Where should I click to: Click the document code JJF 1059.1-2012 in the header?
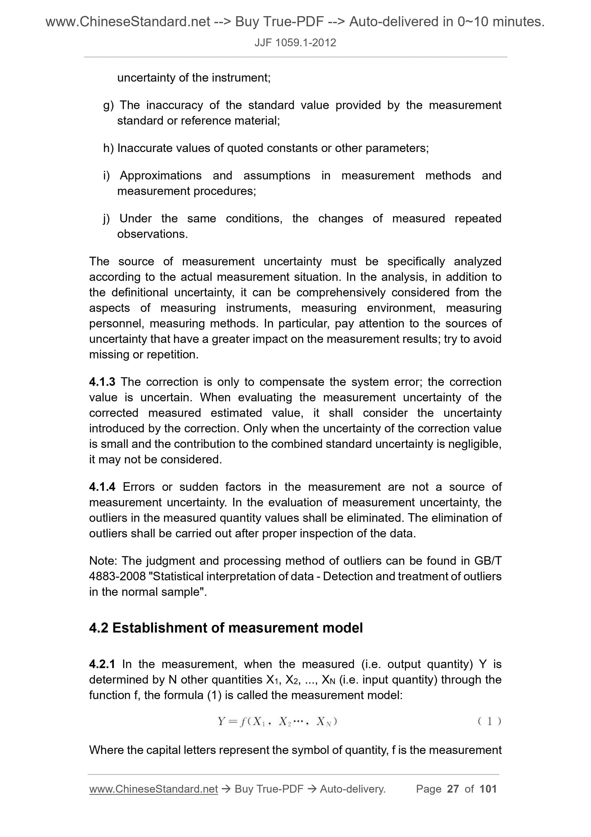(x=295, y=43)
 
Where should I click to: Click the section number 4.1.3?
(x=102, y=382)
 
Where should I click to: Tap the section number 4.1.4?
(x=102, y=487)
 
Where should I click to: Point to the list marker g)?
(x=108, y=106)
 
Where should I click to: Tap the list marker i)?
(x=107, y=176)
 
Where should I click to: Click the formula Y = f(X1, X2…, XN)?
(x=278, y=722)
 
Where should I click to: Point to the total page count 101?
(x=488, y=789)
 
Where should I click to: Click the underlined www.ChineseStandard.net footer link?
(x=153, y=790)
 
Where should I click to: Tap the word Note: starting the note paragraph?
(x=104, y=561)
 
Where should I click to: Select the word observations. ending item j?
(x=152, y=234)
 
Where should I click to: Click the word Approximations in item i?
(x=161, y=176)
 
